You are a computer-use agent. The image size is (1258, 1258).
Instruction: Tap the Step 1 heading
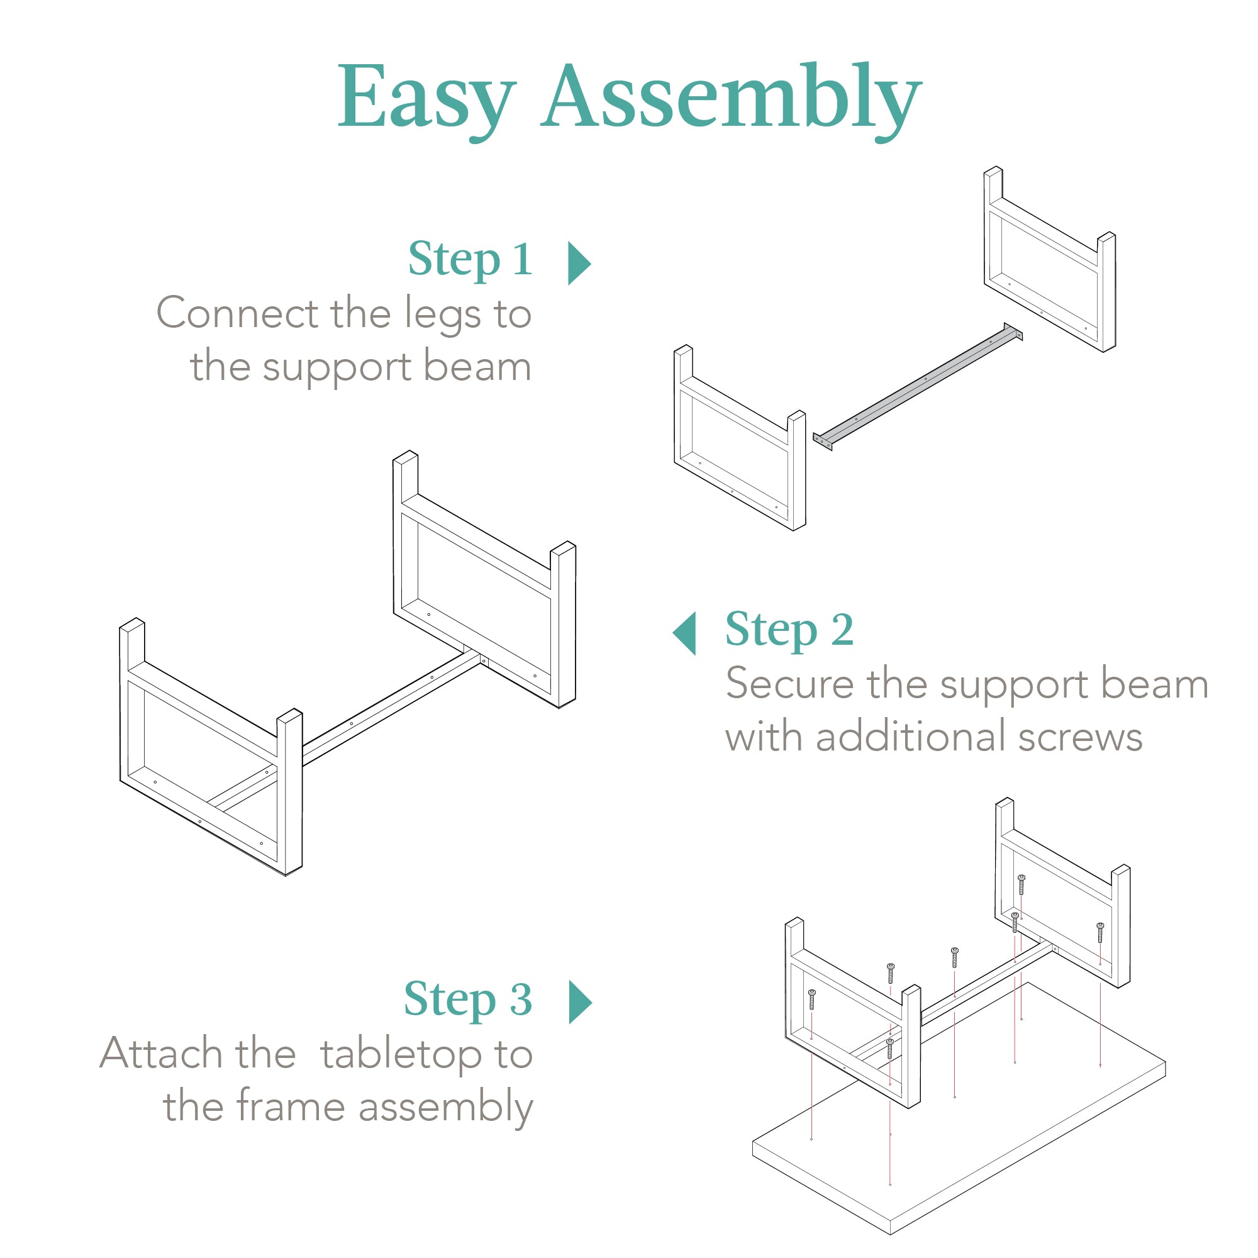point(470,259)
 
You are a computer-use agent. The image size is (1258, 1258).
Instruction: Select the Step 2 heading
point(789,630)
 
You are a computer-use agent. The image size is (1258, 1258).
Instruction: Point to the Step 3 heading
point(467,999)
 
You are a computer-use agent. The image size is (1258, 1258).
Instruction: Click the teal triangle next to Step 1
point(578,263)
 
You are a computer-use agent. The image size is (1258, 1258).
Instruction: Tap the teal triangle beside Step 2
point(686,633)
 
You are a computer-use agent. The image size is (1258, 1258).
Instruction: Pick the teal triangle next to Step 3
point(579,1002)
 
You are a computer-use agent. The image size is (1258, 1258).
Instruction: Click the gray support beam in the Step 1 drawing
point(918,386)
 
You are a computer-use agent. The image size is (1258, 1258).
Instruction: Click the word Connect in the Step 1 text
point(238,314)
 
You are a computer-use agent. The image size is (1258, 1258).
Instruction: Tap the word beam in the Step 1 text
point(477,367)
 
